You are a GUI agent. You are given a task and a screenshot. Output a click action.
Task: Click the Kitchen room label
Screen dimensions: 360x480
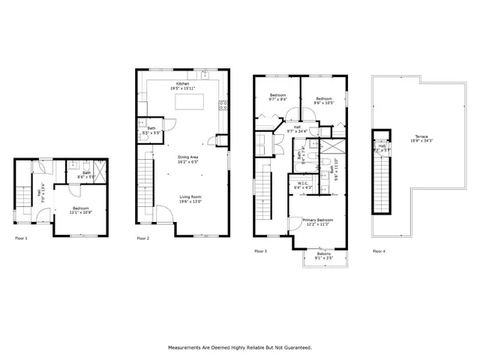tap(182, 84)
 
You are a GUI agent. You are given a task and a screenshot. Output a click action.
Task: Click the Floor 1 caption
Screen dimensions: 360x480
tap(21, 238)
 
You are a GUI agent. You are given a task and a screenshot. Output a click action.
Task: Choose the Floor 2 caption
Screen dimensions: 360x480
tap(142, 238)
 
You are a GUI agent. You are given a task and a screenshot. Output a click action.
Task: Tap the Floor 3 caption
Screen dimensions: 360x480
tap(260, 250)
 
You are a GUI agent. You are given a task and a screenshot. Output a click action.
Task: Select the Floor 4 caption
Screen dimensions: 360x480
tap(379, 250)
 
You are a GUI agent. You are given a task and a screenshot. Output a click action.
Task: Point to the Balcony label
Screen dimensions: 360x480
tap(324, 254)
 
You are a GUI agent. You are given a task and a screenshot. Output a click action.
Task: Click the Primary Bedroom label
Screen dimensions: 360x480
tap(319, 220)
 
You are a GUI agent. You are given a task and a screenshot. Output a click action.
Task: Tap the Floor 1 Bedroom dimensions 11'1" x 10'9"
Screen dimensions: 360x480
tap(82, 211)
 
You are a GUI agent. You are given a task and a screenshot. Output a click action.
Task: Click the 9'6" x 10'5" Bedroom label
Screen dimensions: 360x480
tap(324, 100)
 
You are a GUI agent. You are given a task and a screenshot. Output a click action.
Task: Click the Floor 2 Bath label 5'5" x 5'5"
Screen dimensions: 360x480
tap(151, 130)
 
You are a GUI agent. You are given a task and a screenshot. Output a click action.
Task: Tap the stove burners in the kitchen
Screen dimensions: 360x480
tap(222, 106)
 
